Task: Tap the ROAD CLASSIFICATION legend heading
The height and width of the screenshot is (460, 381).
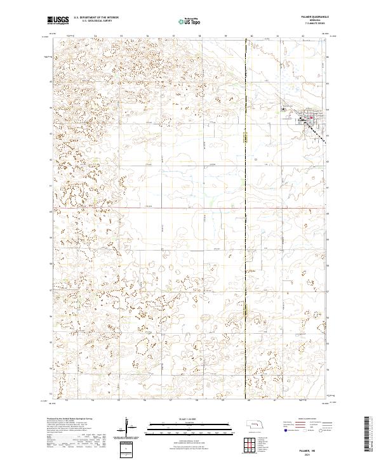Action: pyautogui.click(x=304, y=419)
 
